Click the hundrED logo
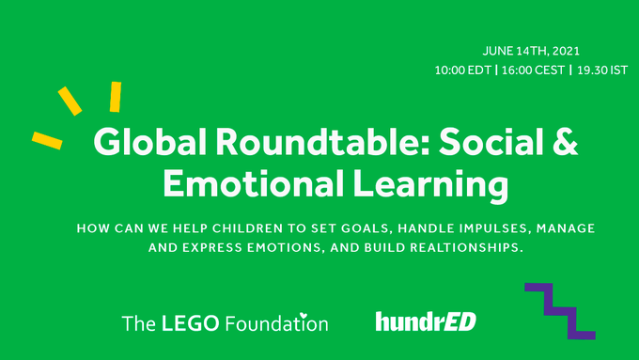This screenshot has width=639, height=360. click(x=426, y=322)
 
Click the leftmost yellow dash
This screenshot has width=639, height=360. click(x=46, y=140)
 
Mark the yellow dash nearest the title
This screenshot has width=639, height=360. click(x=115, y=97)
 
